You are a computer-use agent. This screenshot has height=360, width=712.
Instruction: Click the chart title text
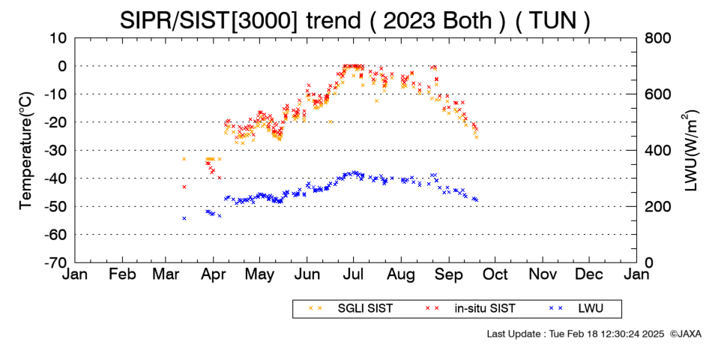(355, 20)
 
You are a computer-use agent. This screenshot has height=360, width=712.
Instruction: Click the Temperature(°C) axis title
(26, 151)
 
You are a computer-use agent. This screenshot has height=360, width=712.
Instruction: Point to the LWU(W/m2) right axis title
(690, 151)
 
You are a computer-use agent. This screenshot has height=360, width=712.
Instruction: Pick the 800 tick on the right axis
(658, 38)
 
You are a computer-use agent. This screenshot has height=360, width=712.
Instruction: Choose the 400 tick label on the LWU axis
(658, 151)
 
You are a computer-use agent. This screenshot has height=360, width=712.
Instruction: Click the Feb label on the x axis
(123, 274)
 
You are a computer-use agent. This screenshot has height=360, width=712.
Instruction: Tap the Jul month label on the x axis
(353, 274)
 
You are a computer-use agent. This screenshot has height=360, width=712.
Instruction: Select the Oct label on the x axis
(495, 274)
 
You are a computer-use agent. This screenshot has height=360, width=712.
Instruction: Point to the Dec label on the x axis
(589, 274)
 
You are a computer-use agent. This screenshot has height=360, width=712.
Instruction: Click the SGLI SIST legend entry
(351, 309)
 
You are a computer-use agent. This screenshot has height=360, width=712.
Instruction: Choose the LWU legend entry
(576, 309)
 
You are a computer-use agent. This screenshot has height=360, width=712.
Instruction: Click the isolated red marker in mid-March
(184, 187)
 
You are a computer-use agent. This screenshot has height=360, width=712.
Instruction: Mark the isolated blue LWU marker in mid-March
(184, 218)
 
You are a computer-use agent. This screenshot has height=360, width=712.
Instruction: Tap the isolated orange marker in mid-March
(184, 159)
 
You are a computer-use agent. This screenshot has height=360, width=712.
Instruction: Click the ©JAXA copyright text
(685, 334)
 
